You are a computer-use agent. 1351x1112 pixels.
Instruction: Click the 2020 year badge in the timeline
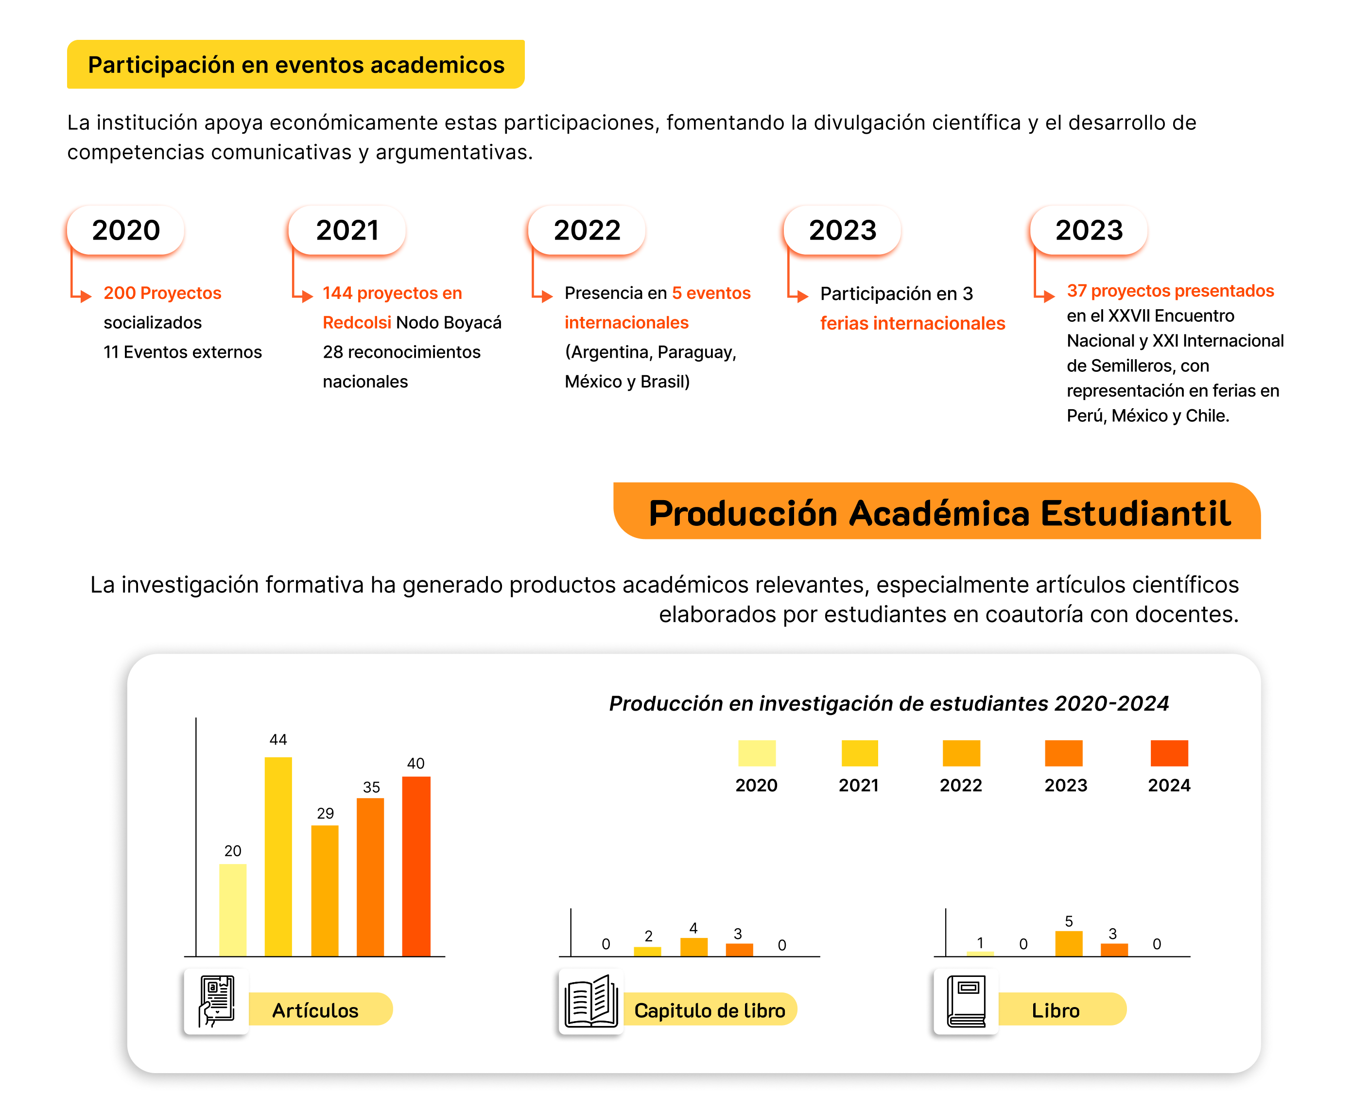pos(125,230)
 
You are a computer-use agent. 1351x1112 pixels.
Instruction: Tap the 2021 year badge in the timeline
pos(347,230)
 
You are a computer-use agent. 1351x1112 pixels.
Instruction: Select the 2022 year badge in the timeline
pos(587,230)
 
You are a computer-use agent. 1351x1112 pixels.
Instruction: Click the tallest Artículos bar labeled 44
pos(278,856)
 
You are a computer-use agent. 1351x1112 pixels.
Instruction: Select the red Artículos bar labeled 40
pos(416,866)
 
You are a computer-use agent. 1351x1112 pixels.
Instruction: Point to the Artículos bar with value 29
pos(325,890)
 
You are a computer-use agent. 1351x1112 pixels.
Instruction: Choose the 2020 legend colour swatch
pos(757,753)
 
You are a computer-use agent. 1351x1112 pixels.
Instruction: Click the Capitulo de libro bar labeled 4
pos(694,947)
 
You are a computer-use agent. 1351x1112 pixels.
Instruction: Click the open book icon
pos(590,1001)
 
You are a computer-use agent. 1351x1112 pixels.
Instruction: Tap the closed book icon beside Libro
pos(966,1001)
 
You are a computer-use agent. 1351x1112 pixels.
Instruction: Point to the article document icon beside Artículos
pos(217,1001)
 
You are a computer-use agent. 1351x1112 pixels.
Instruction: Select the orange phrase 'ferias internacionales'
pos(912,324)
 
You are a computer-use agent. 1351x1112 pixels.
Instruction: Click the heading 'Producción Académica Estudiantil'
pos(939,513)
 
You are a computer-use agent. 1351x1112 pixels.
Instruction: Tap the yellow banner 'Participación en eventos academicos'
pos(296,65)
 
